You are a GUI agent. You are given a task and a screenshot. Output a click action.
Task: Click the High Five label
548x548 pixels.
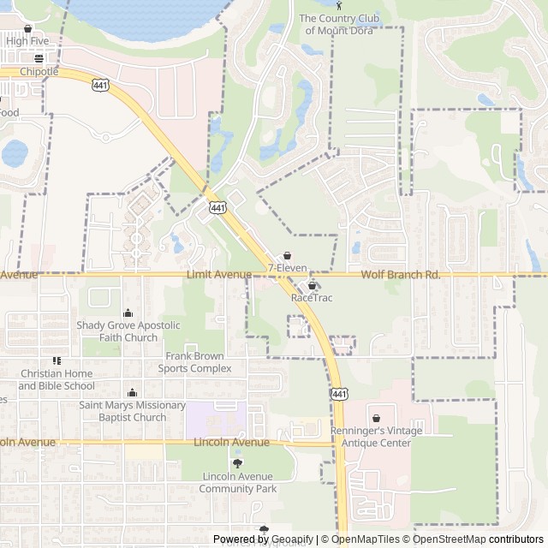pyautogui.click(x=27, y=40)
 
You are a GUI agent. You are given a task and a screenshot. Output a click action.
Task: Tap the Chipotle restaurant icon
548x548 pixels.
pyautogui.click(x=39, y=59)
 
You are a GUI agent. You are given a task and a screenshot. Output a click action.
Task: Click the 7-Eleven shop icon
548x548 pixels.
pyautogui.click(x=287, y=255)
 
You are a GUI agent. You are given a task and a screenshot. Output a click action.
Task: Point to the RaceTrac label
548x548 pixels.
pyautogui.click(x=311, y=298)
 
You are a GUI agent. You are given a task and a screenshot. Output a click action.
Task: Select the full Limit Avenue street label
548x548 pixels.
pyautogui.click(x=219, y=274)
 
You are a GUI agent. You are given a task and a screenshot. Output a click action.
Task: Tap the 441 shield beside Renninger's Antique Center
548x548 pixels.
pyautogui.click(x=339, y=393)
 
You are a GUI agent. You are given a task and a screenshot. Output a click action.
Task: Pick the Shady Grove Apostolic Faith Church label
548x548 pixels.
pyautogui.click(x=128, y=331)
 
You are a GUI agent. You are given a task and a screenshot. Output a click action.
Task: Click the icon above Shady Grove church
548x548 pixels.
pyautogui.click(x=128, y=313)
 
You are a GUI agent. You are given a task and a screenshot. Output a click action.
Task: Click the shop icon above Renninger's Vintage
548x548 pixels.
pyautogui.click(x=376, y=417)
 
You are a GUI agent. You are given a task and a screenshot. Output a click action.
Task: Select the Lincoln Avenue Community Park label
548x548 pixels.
pyautogui.click(x=238, y=482)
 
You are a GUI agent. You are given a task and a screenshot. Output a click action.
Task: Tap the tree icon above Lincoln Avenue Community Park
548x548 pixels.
pyautogui.click(x=237, y=463)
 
